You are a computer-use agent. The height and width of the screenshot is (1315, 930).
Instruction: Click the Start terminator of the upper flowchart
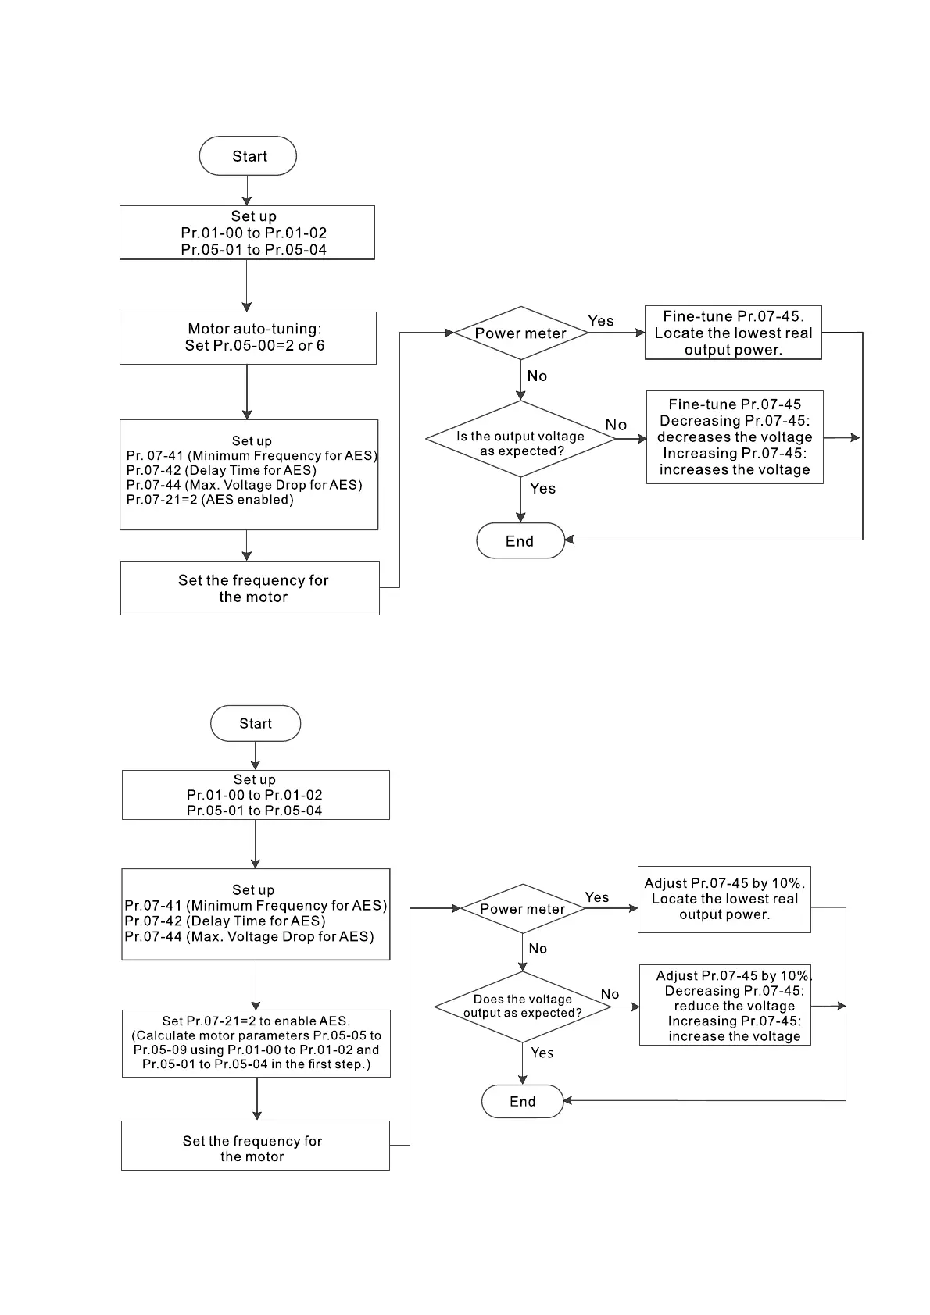coord(248,156)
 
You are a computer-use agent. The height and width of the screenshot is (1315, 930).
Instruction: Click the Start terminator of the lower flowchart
coord(256,723)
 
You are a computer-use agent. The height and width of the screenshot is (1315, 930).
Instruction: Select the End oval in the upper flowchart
coord(520,540)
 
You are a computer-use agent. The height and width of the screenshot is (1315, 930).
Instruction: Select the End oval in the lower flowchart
coord(523,1101)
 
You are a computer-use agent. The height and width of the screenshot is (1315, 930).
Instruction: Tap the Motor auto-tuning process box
coord(248,337)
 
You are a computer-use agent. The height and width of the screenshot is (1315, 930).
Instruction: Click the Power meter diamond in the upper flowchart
coord(520,333)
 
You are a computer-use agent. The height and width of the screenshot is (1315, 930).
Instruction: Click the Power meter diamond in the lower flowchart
coord(523,909)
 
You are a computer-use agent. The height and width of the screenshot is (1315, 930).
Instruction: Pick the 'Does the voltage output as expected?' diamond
coord(523,1007)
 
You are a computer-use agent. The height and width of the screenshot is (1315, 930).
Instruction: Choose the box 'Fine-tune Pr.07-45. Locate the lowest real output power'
coord(733,333)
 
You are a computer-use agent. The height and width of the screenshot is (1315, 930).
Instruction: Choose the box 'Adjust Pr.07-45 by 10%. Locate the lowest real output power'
coord(724,900)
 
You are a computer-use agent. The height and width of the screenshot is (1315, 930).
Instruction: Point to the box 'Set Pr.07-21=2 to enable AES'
coord(256,1043)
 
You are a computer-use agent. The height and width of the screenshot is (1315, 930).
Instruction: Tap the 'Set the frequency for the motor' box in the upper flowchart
coord(250,588)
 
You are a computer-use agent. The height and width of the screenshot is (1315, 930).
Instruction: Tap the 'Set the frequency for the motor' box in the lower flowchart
coord(256,1146)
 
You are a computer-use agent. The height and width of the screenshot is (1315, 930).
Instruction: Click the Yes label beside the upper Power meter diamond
coord(601,321)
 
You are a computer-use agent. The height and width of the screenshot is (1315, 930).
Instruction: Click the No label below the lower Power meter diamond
coord(538,949)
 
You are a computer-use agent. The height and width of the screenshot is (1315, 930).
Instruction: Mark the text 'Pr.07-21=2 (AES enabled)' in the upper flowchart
coord(210,500)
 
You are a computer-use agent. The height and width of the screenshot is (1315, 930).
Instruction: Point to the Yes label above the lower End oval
coord(542,1053)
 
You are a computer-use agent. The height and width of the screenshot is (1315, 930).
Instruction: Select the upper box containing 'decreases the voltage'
coord(735,437)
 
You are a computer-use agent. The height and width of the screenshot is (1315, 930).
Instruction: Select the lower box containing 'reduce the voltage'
coord(725,1006)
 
